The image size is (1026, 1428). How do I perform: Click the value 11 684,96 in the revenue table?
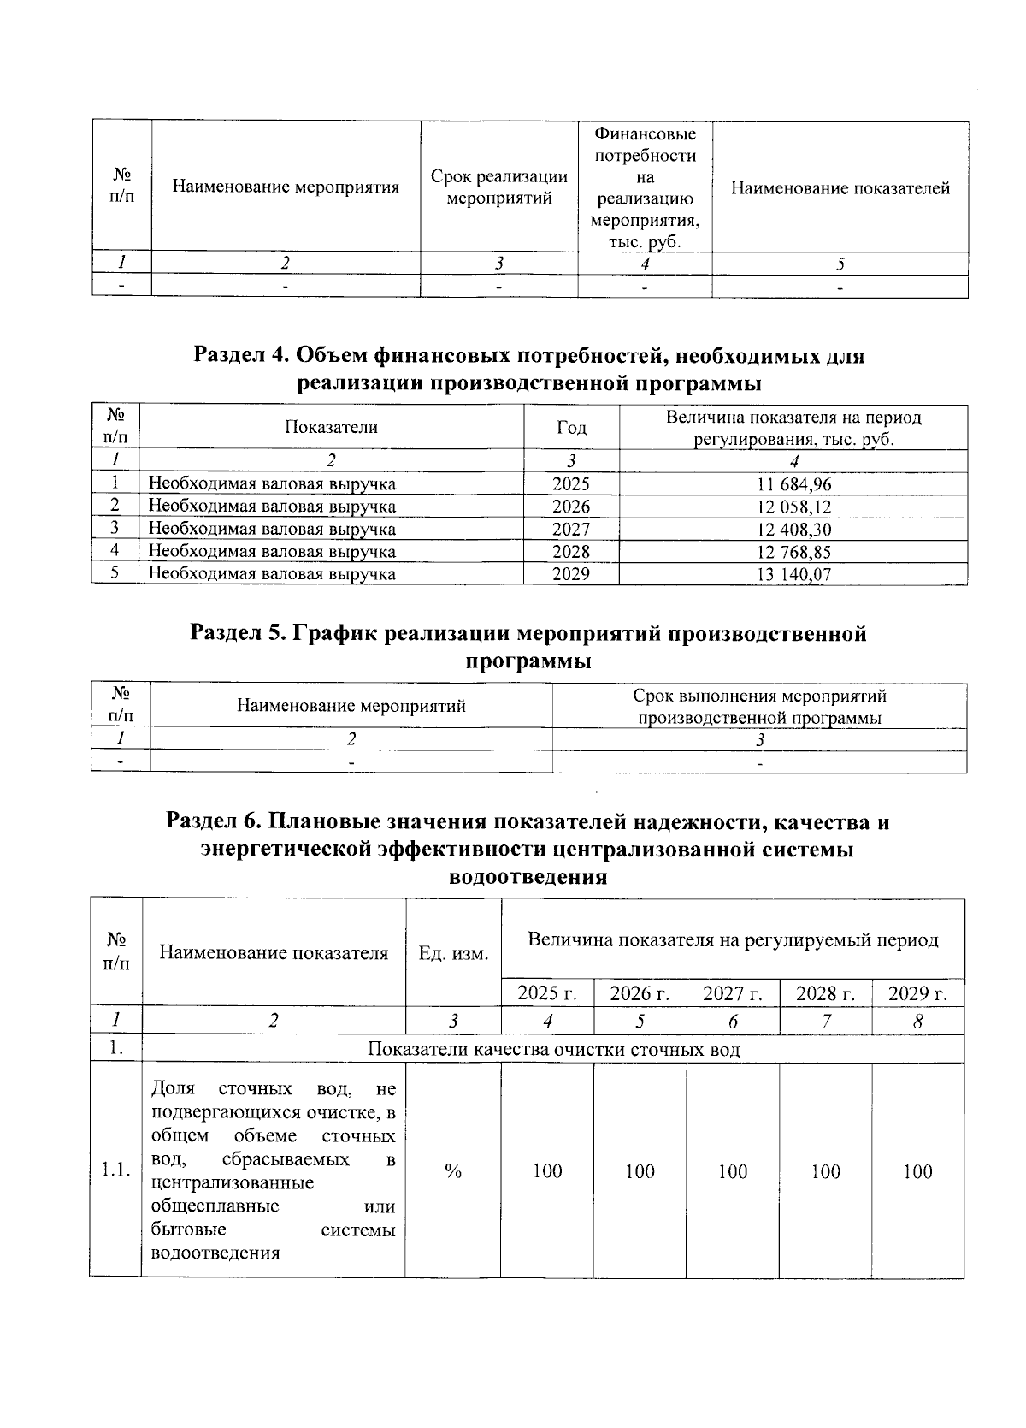coord(793,484)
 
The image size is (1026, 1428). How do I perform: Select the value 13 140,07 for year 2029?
coord(793,575)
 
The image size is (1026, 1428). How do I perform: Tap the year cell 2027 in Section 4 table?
coord(570,530)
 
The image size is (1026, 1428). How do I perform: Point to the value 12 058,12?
coord(793,507)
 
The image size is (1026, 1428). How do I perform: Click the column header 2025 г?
coord(547,993)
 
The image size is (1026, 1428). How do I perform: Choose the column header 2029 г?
coord(917,993)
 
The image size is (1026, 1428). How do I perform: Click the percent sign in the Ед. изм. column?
coord(453,1171)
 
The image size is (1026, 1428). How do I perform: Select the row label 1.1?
coord(115,1171)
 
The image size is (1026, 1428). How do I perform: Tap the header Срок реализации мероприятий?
coord(499,187)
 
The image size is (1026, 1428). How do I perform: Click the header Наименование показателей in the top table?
coord(840,188)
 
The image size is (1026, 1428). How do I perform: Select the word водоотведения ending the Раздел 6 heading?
coord(528,876)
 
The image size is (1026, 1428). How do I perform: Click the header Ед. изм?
coord(453,953)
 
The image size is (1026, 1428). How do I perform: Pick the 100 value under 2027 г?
coord(733,1171)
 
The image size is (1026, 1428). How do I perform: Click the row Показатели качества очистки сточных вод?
coord(553,1049)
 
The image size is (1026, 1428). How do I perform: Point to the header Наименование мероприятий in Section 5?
coord(351,707)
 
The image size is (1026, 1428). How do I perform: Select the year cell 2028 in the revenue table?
coord(570,552)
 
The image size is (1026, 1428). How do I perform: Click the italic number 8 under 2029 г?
coord(917,1021)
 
